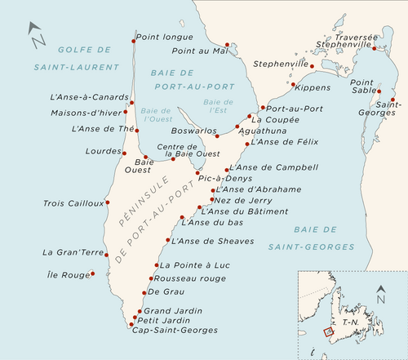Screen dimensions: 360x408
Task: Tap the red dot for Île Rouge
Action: pyautogui.click(x=93, y=273)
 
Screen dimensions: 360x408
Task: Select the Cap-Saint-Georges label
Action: pyautogui.click(x=174, y=330)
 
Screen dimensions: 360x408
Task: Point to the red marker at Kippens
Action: pyautogui.click(x=291, y=84)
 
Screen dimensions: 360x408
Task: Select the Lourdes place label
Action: pyautogui.click(x=102, y=151)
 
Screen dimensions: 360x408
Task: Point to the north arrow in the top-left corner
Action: pyautogui.click(x=37, y=34)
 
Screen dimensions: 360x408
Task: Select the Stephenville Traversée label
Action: pyautogui.click(x=352, y=41)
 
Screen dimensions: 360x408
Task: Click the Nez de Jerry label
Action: pyautogui.click(x=244, y=199)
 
